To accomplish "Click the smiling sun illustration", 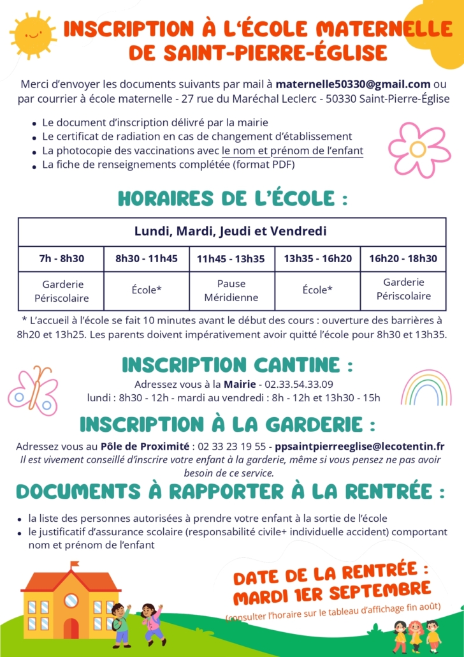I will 33,33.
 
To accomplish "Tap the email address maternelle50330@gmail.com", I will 353,84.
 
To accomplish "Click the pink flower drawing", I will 418,149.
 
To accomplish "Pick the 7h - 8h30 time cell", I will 61,258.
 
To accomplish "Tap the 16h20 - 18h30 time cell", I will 403,258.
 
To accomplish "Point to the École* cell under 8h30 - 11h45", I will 147,290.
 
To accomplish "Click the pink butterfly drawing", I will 34,390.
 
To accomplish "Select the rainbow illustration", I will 426,388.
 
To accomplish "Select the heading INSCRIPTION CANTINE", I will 237,365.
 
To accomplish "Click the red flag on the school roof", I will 75,565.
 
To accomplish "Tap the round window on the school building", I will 71,600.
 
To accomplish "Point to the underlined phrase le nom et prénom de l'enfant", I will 293,151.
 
